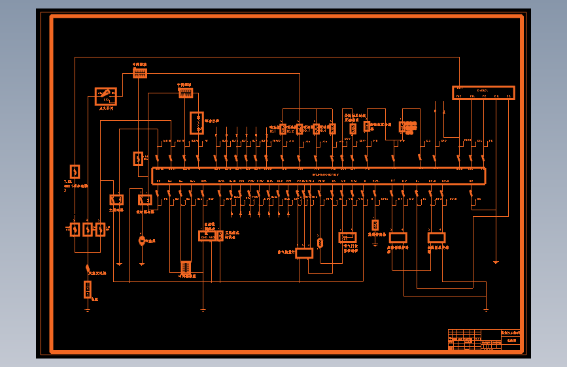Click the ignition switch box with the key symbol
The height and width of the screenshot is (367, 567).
(106, 96)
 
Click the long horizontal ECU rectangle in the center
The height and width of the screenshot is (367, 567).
(318, 176)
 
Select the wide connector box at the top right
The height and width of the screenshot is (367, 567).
(483, 93)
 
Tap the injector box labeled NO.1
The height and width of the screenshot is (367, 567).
(283, 129)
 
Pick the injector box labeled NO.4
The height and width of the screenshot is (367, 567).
(332, 129)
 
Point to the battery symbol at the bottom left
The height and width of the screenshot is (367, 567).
(87, 289)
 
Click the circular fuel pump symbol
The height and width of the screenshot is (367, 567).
(141, 241)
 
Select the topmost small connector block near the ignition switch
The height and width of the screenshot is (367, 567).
(140, 73)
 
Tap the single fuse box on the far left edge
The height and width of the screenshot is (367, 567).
(75, 172)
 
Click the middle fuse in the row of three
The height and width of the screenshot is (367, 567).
(87, 229)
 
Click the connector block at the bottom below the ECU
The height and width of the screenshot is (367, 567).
(185, 267)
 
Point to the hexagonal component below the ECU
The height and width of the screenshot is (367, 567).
(320, 243)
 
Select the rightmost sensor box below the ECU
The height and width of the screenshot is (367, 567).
(436, 238)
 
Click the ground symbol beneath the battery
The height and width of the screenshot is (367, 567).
(87, 310)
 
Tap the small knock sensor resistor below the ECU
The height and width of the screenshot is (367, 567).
(375, 224)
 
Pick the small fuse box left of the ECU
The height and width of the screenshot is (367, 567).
(138, 158)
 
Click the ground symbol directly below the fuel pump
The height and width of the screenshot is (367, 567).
(141, 263)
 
